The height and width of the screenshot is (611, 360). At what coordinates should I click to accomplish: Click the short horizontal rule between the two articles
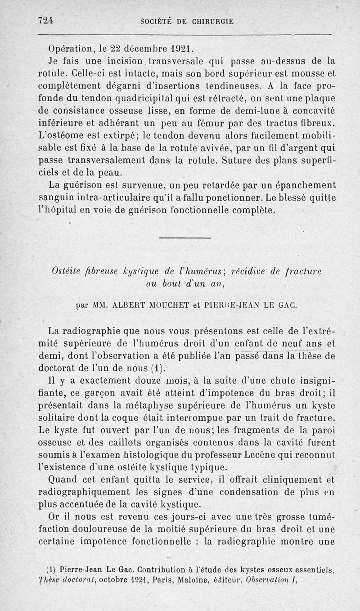[x=185, y=238]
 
